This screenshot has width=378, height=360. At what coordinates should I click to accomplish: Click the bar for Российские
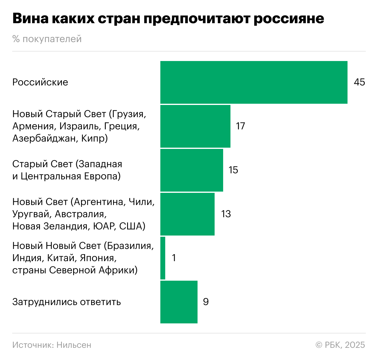[254, 82]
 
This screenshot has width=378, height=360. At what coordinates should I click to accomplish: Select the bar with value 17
[195, 126]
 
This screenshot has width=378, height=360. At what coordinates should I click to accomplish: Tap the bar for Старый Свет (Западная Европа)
[191, 170]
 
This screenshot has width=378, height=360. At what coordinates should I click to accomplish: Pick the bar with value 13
[187, 214]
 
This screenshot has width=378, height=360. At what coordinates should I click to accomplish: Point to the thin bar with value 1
[163, 258]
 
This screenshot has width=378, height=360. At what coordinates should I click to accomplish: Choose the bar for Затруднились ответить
[179, 302]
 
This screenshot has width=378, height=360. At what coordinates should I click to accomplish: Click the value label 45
[359, 82]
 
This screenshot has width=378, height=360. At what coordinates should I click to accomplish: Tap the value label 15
[233, 170]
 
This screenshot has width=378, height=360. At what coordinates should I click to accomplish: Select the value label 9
[206, 302]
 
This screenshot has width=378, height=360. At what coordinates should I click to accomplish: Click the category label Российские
[40, 82]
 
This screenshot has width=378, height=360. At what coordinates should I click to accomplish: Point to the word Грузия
[128, 114]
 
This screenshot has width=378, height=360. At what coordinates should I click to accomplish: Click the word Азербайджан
[45, 139]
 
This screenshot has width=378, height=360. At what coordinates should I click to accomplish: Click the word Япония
[98, 258]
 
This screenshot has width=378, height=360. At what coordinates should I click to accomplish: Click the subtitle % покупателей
[47, 39]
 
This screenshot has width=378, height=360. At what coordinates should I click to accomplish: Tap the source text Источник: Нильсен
[52, 345]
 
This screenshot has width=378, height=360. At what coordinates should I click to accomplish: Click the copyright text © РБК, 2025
[340, 345]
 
